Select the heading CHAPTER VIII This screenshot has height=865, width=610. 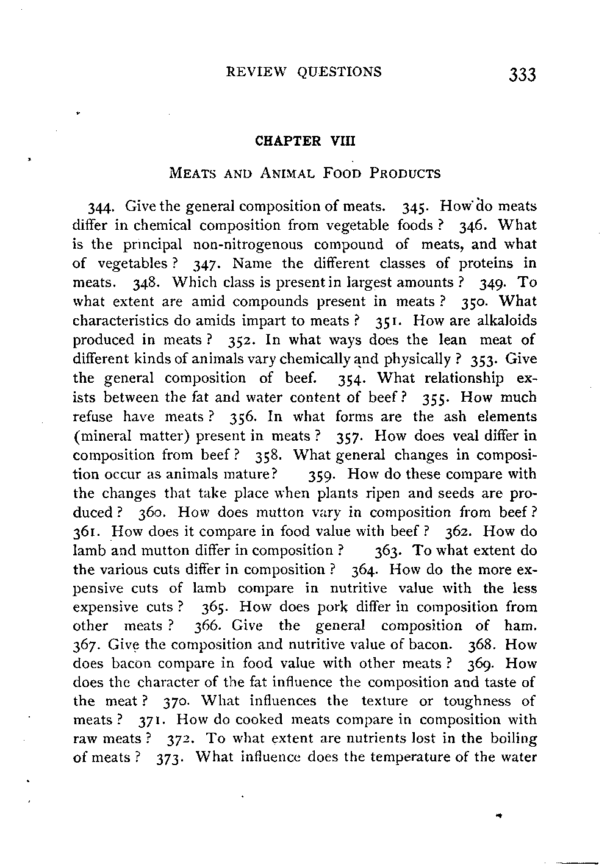click(x=304, y=141)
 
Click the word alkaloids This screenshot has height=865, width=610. click(x=508, y=321)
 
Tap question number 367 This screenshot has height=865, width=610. click(x=84, y=646)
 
